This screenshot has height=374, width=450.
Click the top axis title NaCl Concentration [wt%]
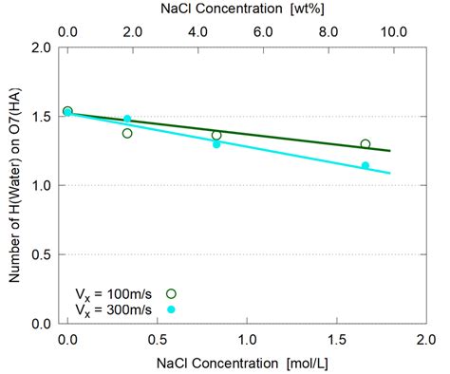tap(244, 9)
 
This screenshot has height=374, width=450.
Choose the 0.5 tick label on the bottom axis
tap(156, 339)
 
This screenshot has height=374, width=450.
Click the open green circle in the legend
tap(171, 292)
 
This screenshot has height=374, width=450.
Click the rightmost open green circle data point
tap(365, 144)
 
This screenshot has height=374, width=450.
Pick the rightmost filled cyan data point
tap(365, 166)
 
